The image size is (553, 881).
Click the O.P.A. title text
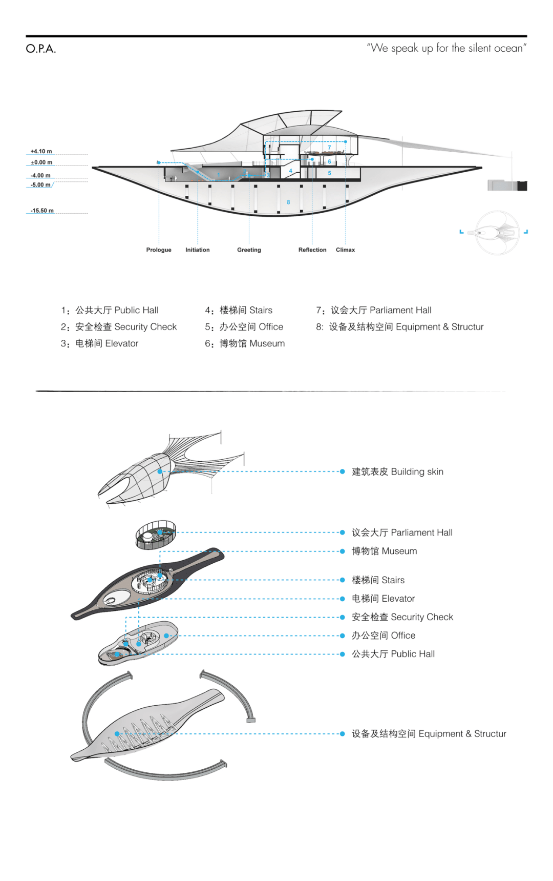[41, 49]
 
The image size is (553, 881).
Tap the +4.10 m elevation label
[41, 151]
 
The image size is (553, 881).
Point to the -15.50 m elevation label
[42, 211]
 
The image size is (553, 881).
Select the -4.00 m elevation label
[40, 175]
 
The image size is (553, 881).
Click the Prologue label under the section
[159, 250]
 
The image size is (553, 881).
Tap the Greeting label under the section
[249, 250]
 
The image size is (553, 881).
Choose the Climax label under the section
[345, 250]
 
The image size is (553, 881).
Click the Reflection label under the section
[312, 250]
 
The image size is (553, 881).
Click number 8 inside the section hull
[288, 202]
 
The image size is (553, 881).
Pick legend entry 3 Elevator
[100, 343]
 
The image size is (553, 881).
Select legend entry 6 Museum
[245, 343]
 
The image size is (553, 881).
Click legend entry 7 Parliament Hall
[374, 310]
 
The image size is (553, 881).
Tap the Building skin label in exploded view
[397, 472]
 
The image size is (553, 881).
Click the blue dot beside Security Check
[343, 617]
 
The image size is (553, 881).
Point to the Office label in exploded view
[384, 636]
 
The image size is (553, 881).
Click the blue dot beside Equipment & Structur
[343, 734]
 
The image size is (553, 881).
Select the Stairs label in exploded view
[378, 580]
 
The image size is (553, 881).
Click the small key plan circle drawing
[497, 232]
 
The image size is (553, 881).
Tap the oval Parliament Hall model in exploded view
[156, 535]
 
